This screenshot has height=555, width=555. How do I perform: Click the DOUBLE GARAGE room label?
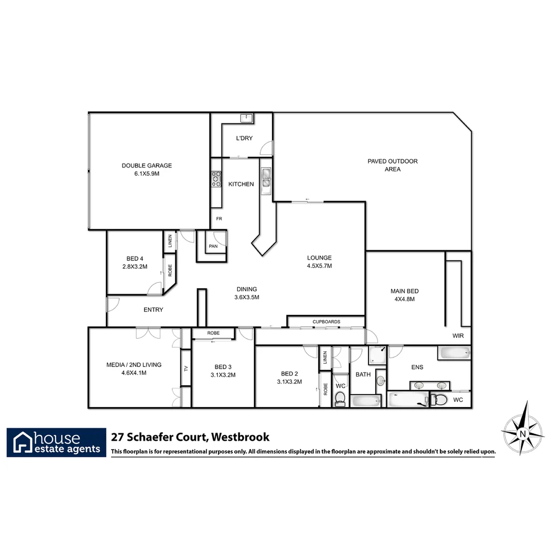[x=146, y=165]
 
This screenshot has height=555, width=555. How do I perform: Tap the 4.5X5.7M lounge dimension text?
[x=319, y=266]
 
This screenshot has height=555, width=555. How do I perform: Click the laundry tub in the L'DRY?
[x=247, y=118]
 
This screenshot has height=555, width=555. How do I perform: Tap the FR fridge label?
[x=219, y=219]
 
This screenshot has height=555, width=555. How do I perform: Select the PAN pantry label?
[x=213, y=247]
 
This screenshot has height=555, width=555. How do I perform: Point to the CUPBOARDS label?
[x=326, y=322]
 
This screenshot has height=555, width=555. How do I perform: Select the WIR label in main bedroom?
[x=458, y=335]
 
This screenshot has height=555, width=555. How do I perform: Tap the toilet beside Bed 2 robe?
[x=340, y=398]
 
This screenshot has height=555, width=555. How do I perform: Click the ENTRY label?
[x=153, y=309]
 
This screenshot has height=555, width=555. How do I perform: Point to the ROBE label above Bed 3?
[x=213, y=333]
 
